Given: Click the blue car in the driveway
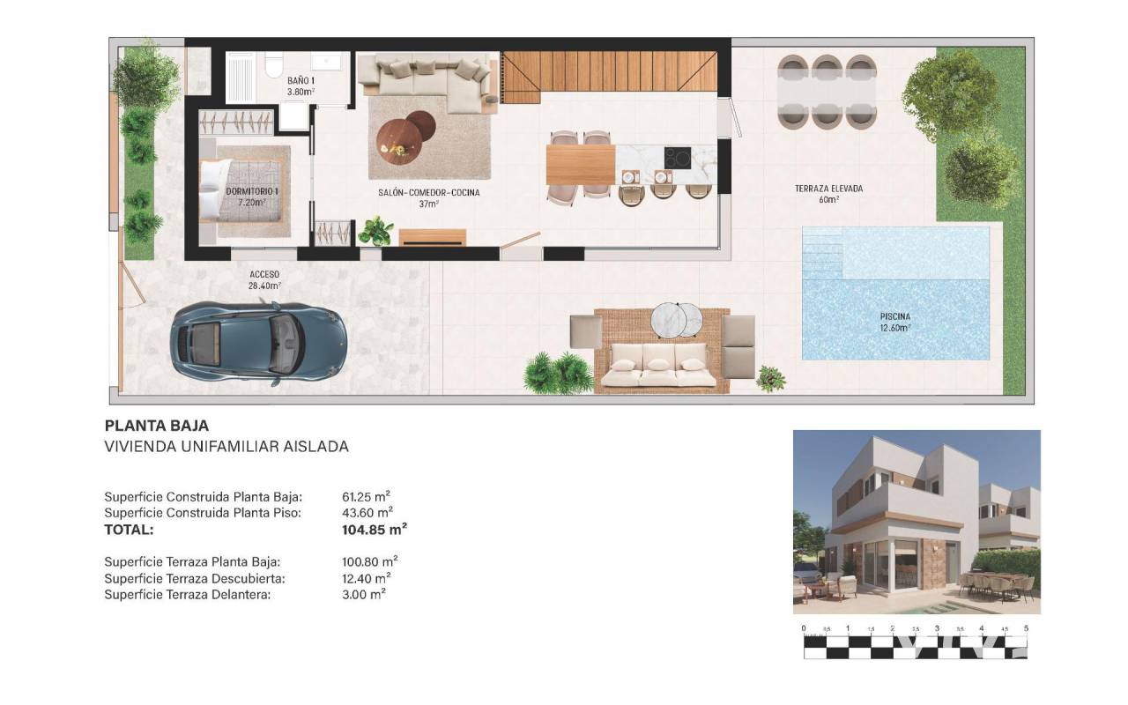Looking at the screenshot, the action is point(258,344).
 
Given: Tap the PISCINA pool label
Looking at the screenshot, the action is point(894,316).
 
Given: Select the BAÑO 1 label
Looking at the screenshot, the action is point(301,80).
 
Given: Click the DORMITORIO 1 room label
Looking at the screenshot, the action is point(252,191).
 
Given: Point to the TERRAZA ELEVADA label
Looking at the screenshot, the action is point(828,189).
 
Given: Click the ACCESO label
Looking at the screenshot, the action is point(264,274).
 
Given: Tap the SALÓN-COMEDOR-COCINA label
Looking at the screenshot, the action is point(428,192).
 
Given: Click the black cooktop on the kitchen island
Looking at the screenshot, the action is point(678,158).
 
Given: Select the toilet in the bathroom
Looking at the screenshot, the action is point(274,65).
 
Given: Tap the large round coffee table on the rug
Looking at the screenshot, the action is point(399,142).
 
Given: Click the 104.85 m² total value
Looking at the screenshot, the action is point(375,530).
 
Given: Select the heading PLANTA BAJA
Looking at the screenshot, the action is point(157,426).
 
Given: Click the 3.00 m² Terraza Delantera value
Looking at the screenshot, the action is point(364,595).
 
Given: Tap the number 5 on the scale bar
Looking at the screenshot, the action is point(1026,628).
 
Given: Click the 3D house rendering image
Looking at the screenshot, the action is point(916,522).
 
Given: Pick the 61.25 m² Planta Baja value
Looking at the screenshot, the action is point(366,497).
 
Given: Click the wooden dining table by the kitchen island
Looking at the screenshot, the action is point(580,165).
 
